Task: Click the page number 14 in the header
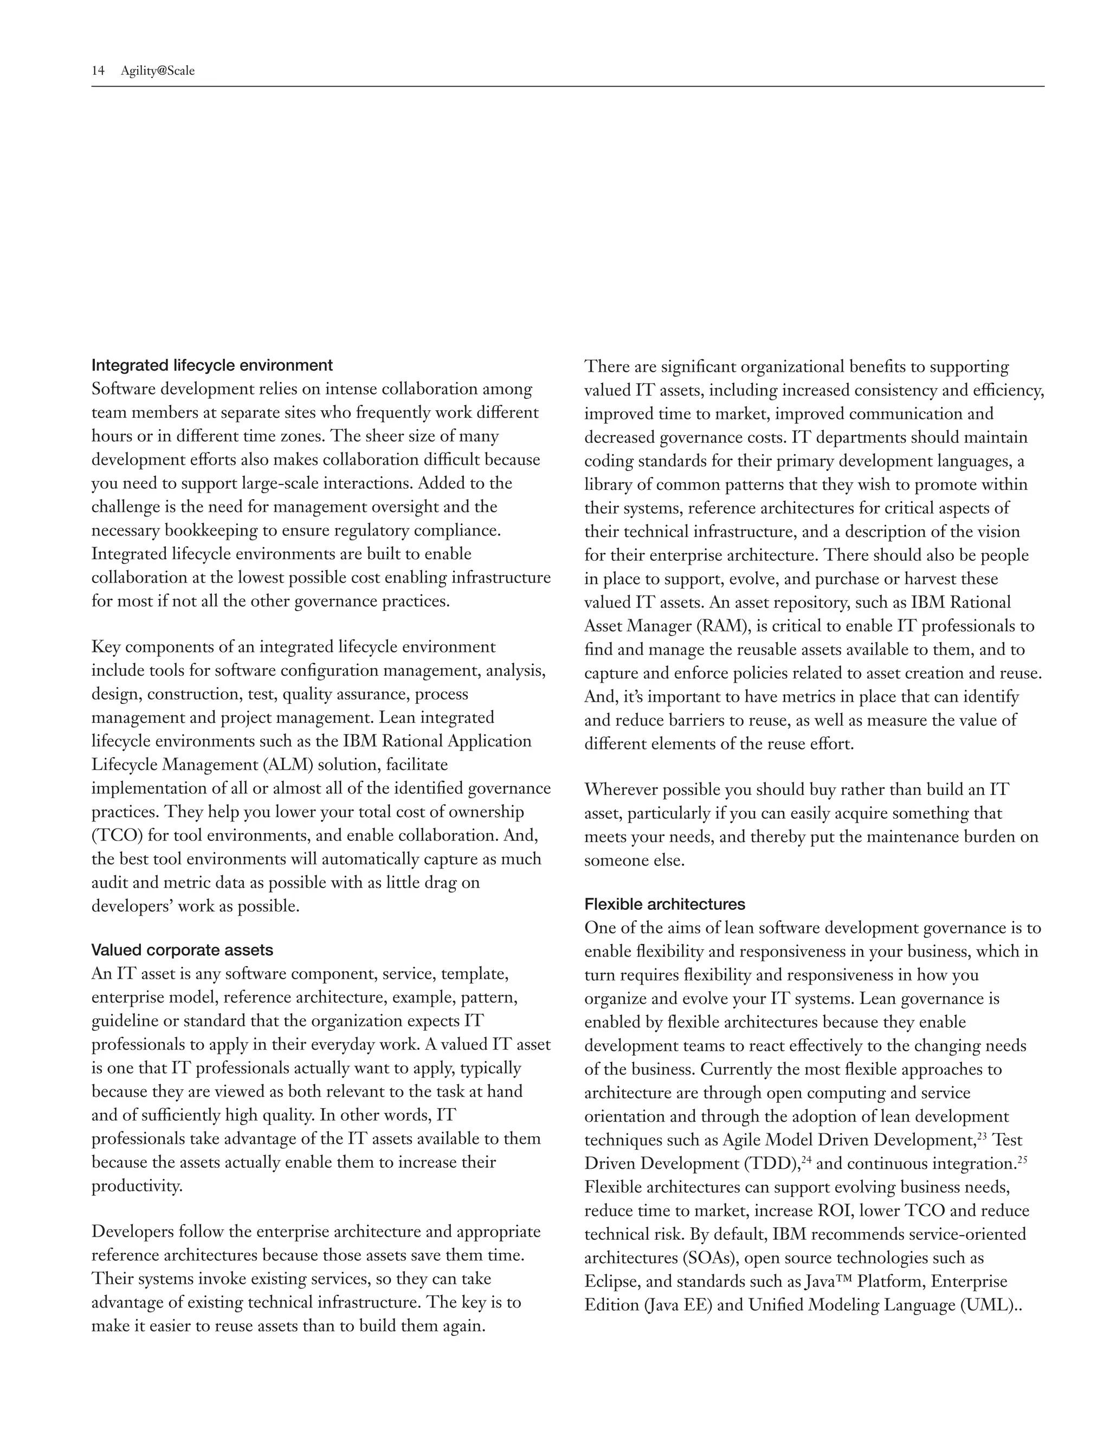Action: [98, 71]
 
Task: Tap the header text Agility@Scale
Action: [158, 71]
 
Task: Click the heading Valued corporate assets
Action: [182, 950]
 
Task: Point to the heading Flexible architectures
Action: [665, 904]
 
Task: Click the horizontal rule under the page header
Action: [567, 86]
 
